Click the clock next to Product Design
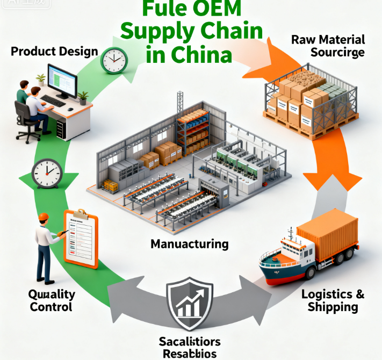(113, 60)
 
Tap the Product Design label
(54, 52)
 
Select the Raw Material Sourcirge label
(328, 46)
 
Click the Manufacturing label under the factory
(189, 244)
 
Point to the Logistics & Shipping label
(333, 300)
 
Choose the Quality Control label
(52, 301)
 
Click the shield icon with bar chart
(189, 304)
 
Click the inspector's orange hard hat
(45, 217)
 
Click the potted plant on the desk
(83, 97)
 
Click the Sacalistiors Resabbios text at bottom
(189, 347)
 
